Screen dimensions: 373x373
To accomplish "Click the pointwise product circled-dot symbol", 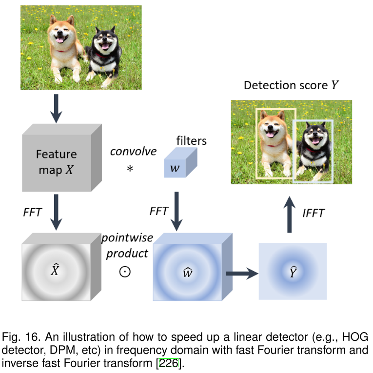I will (x=125, y=272).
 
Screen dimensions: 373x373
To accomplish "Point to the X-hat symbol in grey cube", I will (x=56, y=269).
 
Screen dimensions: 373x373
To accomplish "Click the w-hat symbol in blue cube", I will (x=187, y=272).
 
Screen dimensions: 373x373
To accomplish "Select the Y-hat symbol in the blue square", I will (x=292, y=271).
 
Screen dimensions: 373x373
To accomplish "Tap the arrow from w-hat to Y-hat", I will (x=241, y=274).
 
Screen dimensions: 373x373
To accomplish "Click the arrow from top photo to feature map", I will (x=57, y=108).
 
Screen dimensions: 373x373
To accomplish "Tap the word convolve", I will (x=133, y=151).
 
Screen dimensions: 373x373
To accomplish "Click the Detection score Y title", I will (x=291, y=85).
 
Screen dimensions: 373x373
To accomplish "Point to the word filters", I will (x=191, y=141).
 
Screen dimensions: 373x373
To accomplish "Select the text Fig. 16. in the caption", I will (x=16, y=337).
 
